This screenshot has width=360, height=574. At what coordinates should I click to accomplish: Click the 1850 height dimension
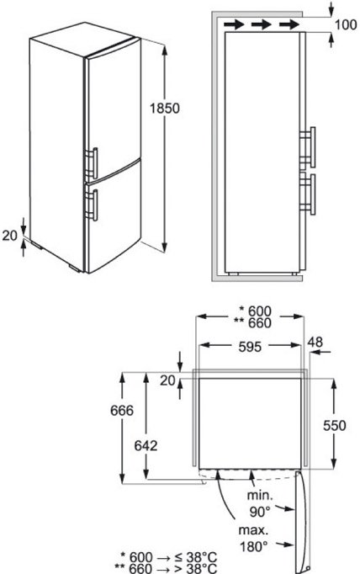[x=165, y=109]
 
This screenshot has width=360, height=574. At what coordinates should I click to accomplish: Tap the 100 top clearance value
[x=346, y=24]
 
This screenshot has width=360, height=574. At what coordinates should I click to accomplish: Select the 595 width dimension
[x=250, y=347]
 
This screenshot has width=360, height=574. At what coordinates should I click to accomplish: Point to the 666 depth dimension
[x=122, y=411]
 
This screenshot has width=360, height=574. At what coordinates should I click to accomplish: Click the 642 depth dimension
[x=146, y=445]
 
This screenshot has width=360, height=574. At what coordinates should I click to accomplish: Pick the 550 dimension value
[x=335, y=425]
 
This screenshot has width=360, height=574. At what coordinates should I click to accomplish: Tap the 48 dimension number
[x=315, y=342]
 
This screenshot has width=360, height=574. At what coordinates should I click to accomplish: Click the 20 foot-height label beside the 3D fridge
[x=10, y=236]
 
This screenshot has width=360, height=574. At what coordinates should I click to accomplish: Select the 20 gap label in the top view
[x=167, y=380]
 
